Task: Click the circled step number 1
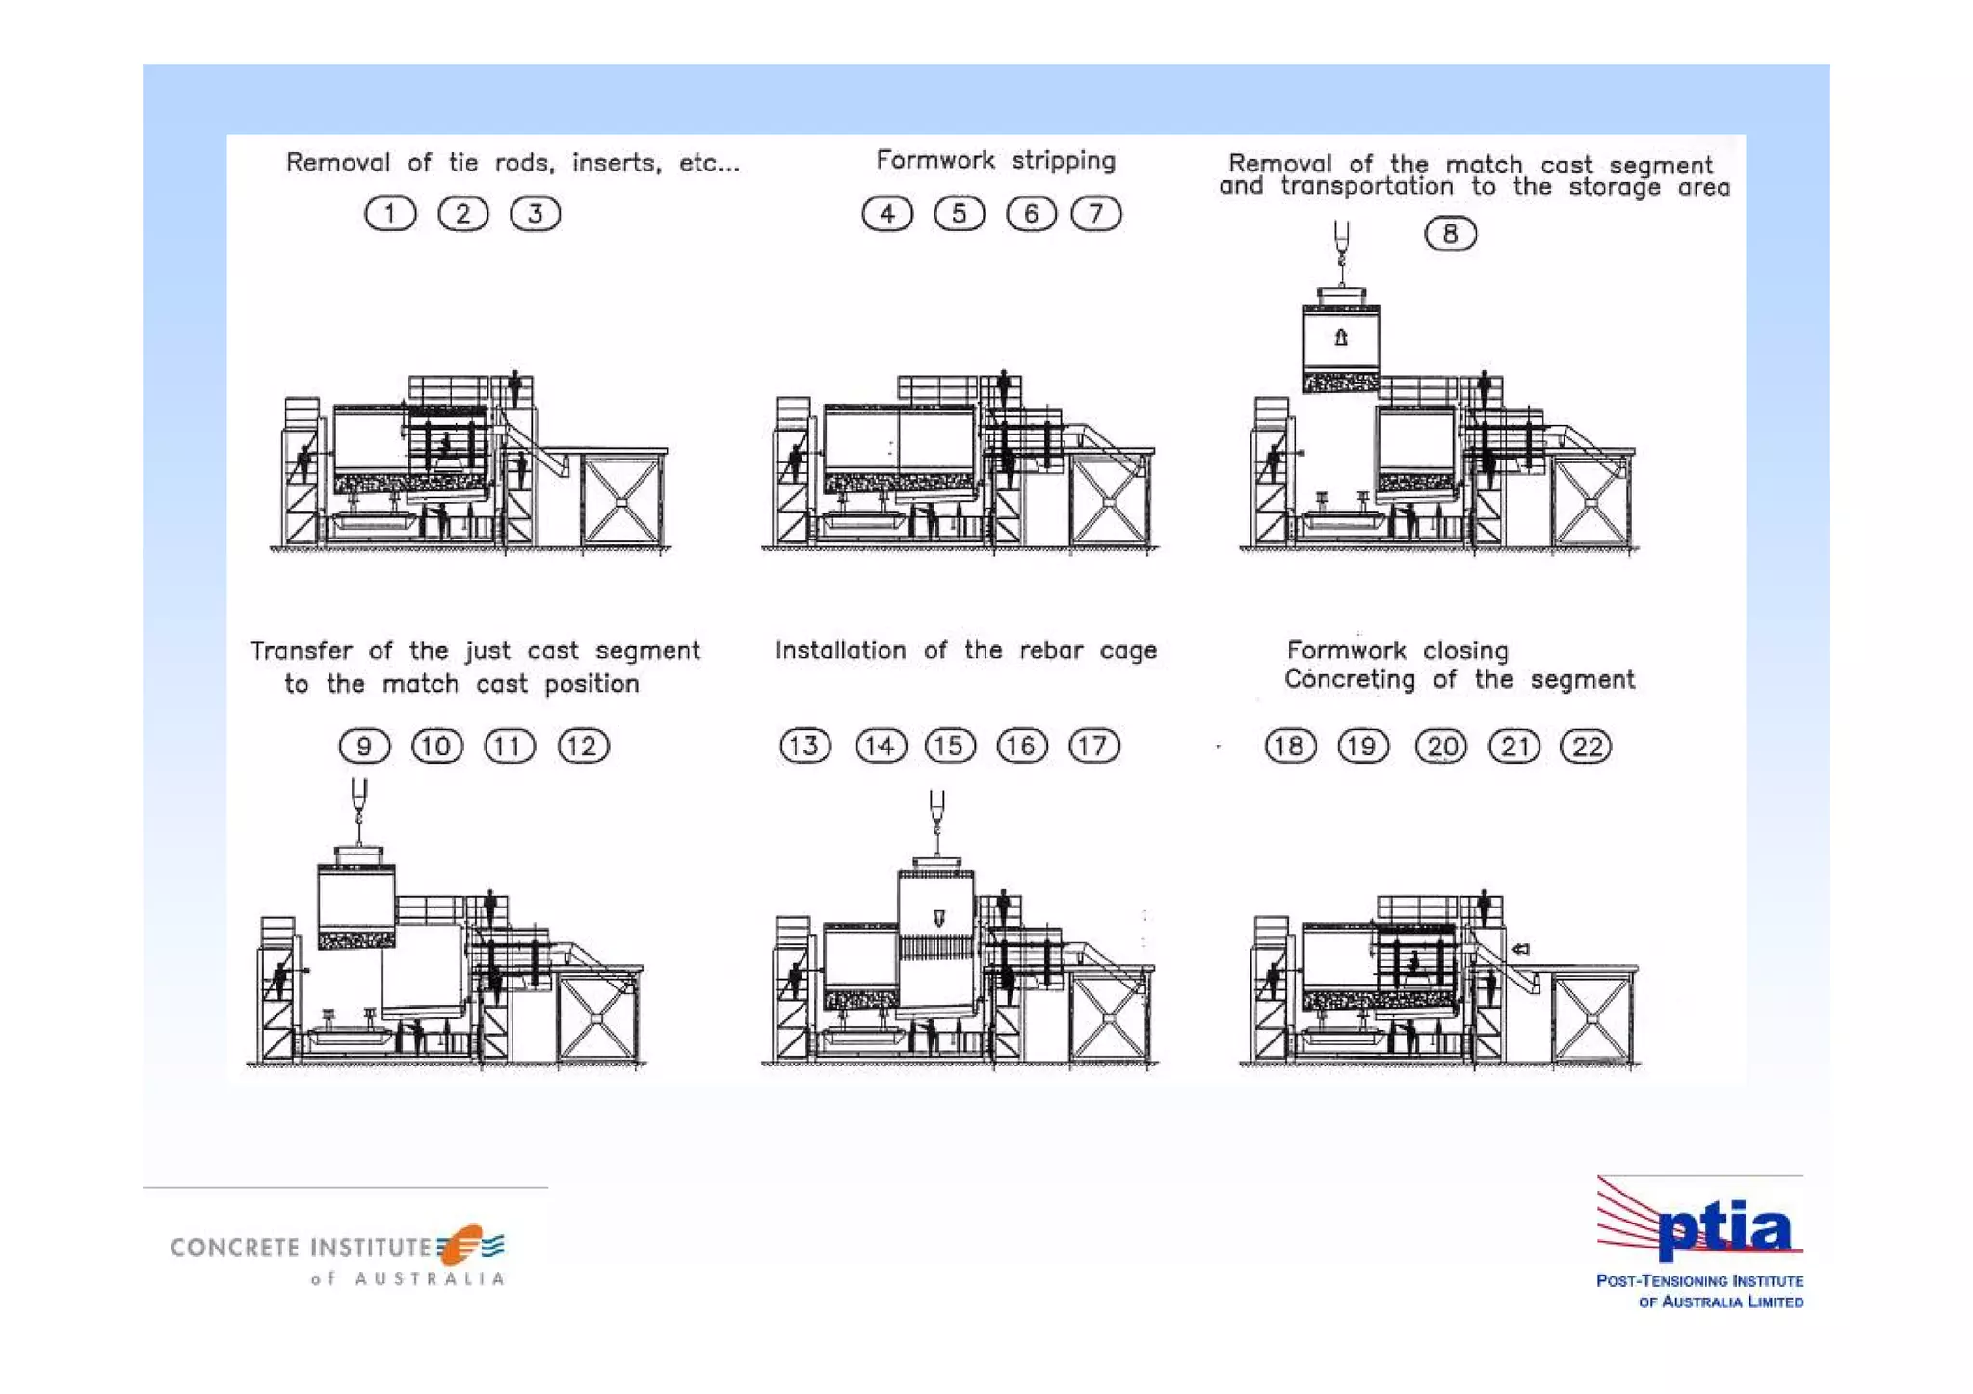390,214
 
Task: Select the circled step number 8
1450,233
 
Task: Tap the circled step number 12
583,746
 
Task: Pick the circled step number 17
1094,746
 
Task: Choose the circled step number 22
1586,747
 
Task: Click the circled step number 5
960,213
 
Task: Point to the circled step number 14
881,746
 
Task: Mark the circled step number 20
1441,747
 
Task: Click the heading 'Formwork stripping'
995,160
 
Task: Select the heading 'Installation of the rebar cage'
966,650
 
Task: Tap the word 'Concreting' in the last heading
1350,679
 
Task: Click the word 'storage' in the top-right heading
1615,187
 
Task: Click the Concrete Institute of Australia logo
338,1255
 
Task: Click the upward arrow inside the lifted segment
1341,337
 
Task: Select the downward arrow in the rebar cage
939,918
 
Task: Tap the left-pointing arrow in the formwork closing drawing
1520,949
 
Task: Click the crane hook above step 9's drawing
359,802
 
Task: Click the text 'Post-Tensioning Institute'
1700,1281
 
